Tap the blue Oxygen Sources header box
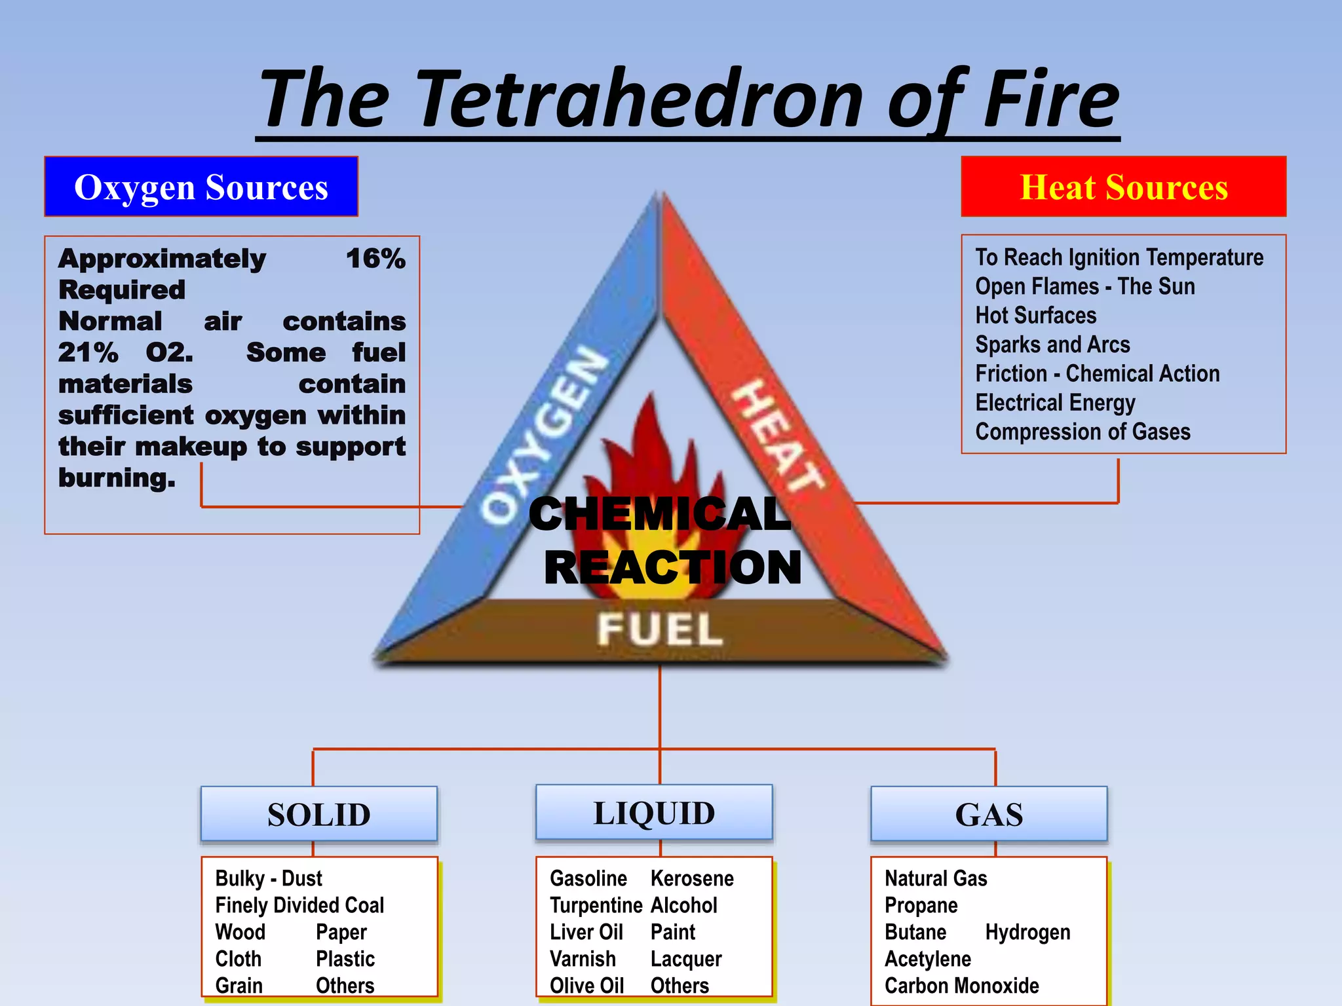pos(201,187)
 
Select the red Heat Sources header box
pos(1123,187)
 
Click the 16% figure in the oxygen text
pos(375,259)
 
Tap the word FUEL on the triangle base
pos(659,629)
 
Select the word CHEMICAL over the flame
pos(659,514)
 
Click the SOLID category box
pos(319,814)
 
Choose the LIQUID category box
pos(654,813)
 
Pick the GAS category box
pos(989,814)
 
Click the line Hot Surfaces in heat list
pos(1035,316)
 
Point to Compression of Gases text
pos(1083,432)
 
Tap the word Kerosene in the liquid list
pos(692,878)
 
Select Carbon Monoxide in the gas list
pos(961,986)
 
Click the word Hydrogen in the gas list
pos(1027,932)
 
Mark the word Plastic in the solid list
pos(345,959)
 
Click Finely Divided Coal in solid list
pos(299,905)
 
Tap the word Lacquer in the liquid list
pos(685,959)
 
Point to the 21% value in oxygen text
pos(88,353)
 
